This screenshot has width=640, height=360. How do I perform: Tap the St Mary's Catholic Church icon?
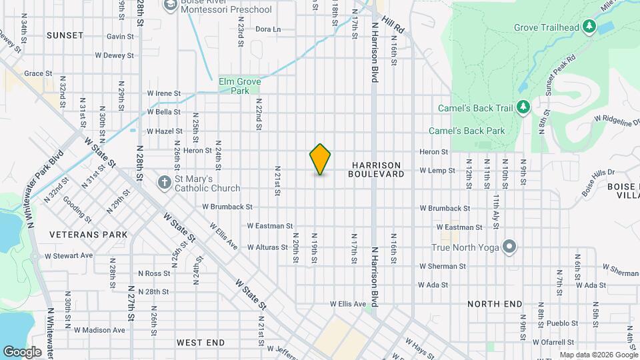pyautogui.click(x=165, y=182)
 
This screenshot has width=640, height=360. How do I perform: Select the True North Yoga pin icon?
pyautogui.click(x=510, y=247)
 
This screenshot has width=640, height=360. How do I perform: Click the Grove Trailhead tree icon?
pyautogui.click(x=589, y=27)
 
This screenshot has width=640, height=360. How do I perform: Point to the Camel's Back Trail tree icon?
pyautogui.click(x=523, y=107)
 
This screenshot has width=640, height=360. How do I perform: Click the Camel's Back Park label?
pyautogui.click(x=467, y=131)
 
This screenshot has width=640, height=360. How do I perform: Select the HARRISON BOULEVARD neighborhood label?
pyautogui.click(x=376, y=169)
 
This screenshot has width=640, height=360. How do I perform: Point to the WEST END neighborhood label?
pyautogui.click(x=200, y=342)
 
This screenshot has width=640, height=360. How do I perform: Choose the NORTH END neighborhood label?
pyautogui.click(x=495, y=304)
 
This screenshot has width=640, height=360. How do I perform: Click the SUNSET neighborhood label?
pyautogui.click(x=65, y=35)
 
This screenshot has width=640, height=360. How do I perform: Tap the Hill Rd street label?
pyautogui.click(x=398, y=28)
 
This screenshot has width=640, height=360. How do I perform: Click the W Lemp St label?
pyautogui.click(x=437, y=171)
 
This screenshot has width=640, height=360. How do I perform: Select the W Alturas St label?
pyautogui.click(x=267, y=247)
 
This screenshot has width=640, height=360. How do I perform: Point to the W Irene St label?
pyautogui.click(x=164, y=93)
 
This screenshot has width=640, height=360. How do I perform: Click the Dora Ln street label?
pyautogui.click(x=268, y=29)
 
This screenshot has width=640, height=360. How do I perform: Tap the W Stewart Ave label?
pyautogui.click(x=69, y=255)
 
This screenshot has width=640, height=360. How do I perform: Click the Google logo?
pyautogui.click(x=22, y=351)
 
